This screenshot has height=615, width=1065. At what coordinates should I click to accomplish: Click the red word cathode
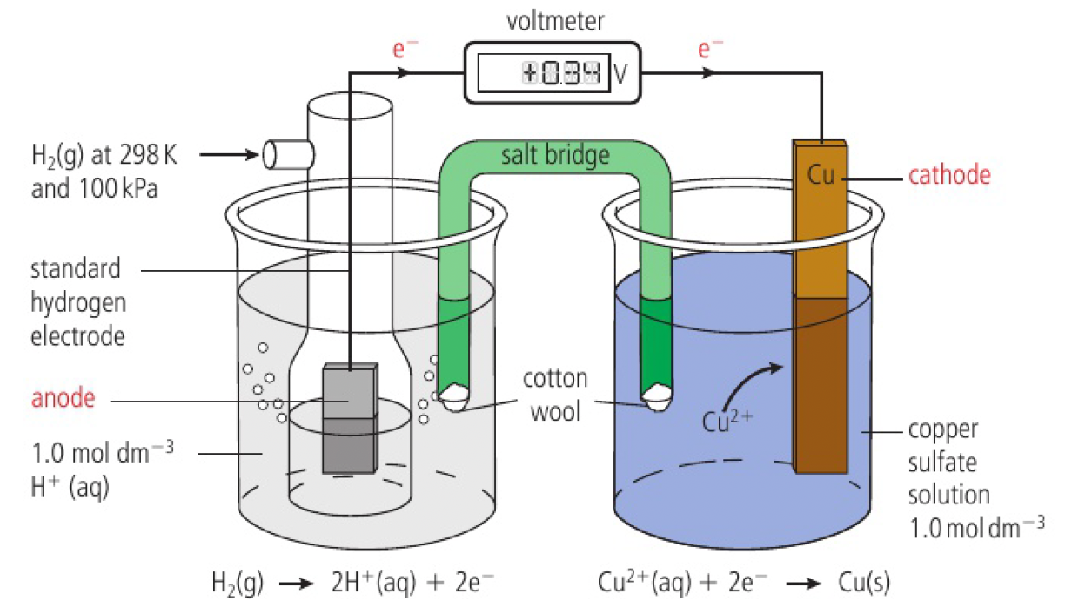click(x=949, y=175)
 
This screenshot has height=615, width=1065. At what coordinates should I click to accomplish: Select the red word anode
click(x=63, y=399)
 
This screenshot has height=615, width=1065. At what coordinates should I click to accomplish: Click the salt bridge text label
click(x=555, y=155)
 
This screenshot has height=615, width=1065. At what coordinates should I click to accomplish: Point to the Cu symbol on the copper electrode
click(x=820, y=174)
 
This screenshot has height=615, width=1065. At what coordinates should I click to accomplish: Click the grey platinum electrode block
click(x=349, y=418)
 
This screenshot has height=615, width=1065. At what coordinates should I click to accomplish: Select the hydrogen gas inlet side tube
click(x=288, y=155)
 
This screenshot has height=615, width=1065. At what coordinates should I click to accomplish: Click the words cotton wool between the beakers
click(x=555, y=394)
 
